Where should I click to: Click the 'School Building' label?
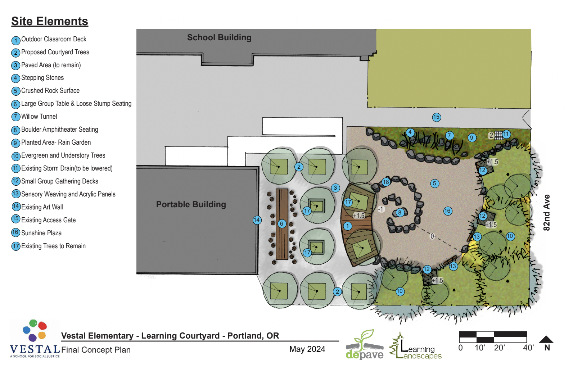tap(219, 37)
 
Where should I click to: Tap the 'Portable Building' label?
tap(191, 204)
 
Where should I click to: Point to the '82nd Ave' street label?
tap(546, 212)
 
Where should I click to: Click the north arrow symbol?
tap(546, 339)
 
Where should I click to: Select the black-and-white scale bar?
tap(493, 337)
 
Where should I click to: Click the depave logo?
tap(364, 345)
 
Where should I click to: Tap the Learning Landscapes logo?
tap(416, 346)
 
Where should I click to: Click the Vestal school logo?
tap(35, 339)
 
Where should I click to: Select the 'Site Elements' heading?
tap(50, 21)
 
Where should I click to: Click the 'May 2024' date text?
tap(307, 349)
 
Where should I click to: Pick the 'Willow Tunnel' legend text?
tap(39, 117)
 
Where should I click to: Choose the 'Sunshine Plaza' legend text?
tap(41, 233)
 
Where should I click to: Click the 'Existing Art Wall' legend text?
tap(42, 207)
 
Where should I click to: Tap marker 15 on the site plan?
tap(436, 117)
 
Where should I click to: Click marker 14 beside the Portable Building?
tap(257, 220)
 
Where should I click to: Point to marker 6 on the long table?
tap(282, 224)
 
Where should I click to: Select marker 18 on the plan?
tap(386, 182)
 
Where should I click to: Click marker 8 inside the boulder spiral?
tap(400, 213)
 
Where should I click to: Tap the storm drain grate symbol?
tap(498, 135)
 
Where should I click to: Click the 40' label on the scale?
tap(528, 348)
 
